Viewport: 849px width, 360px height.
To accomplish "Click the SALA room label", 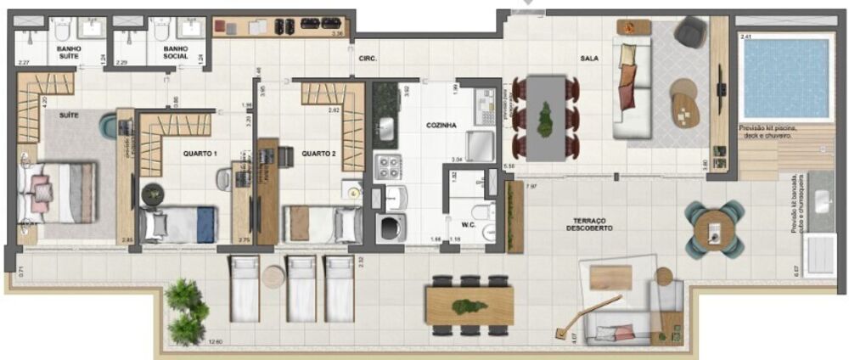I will [591, 58].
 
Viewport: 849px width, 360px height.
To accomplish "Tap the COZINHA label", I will [441, 125].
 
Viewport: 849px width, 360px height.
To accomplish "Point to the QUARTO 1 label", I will [200, 154].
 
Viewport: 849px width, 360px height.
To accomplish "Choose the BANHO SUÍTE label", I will [69, 54].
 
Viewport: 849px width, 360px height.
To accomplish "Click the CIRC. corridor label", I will [368, 59].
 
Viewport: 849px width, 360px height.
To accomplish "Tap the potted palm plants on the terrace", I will [187, 311].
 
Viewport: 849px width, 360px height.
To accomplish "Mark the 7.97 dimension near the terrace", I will [531, 185].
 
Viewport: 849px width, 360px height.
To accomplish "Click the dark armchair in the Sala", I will [689, 32].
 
